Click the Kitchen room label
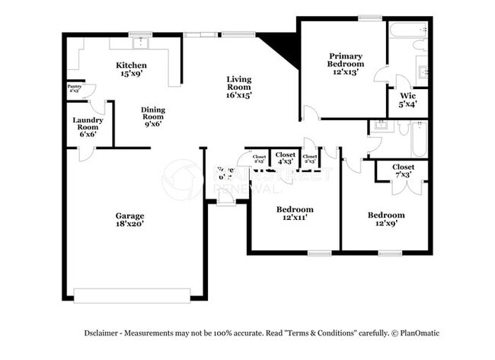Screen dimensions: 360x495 point(131,70)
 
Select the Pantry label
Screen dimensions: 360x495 point(75,88)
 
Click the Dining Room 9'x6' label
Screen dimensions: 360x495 point(153,116)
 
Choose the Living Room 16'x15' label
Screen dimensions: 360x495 point(238,87)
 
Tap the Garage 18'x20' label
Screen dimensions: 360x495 point(129,220)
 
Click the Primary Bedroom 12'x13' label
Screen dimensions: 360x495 point(346,60)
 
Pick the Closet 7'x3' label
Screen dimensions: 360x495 point(403,171)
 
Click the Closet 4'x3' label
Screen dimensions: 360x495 point(286,158)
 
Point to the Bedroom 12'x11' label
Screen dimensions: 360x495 point(294,214)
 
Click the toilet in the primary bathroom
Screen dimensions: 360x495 point(420,45)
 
